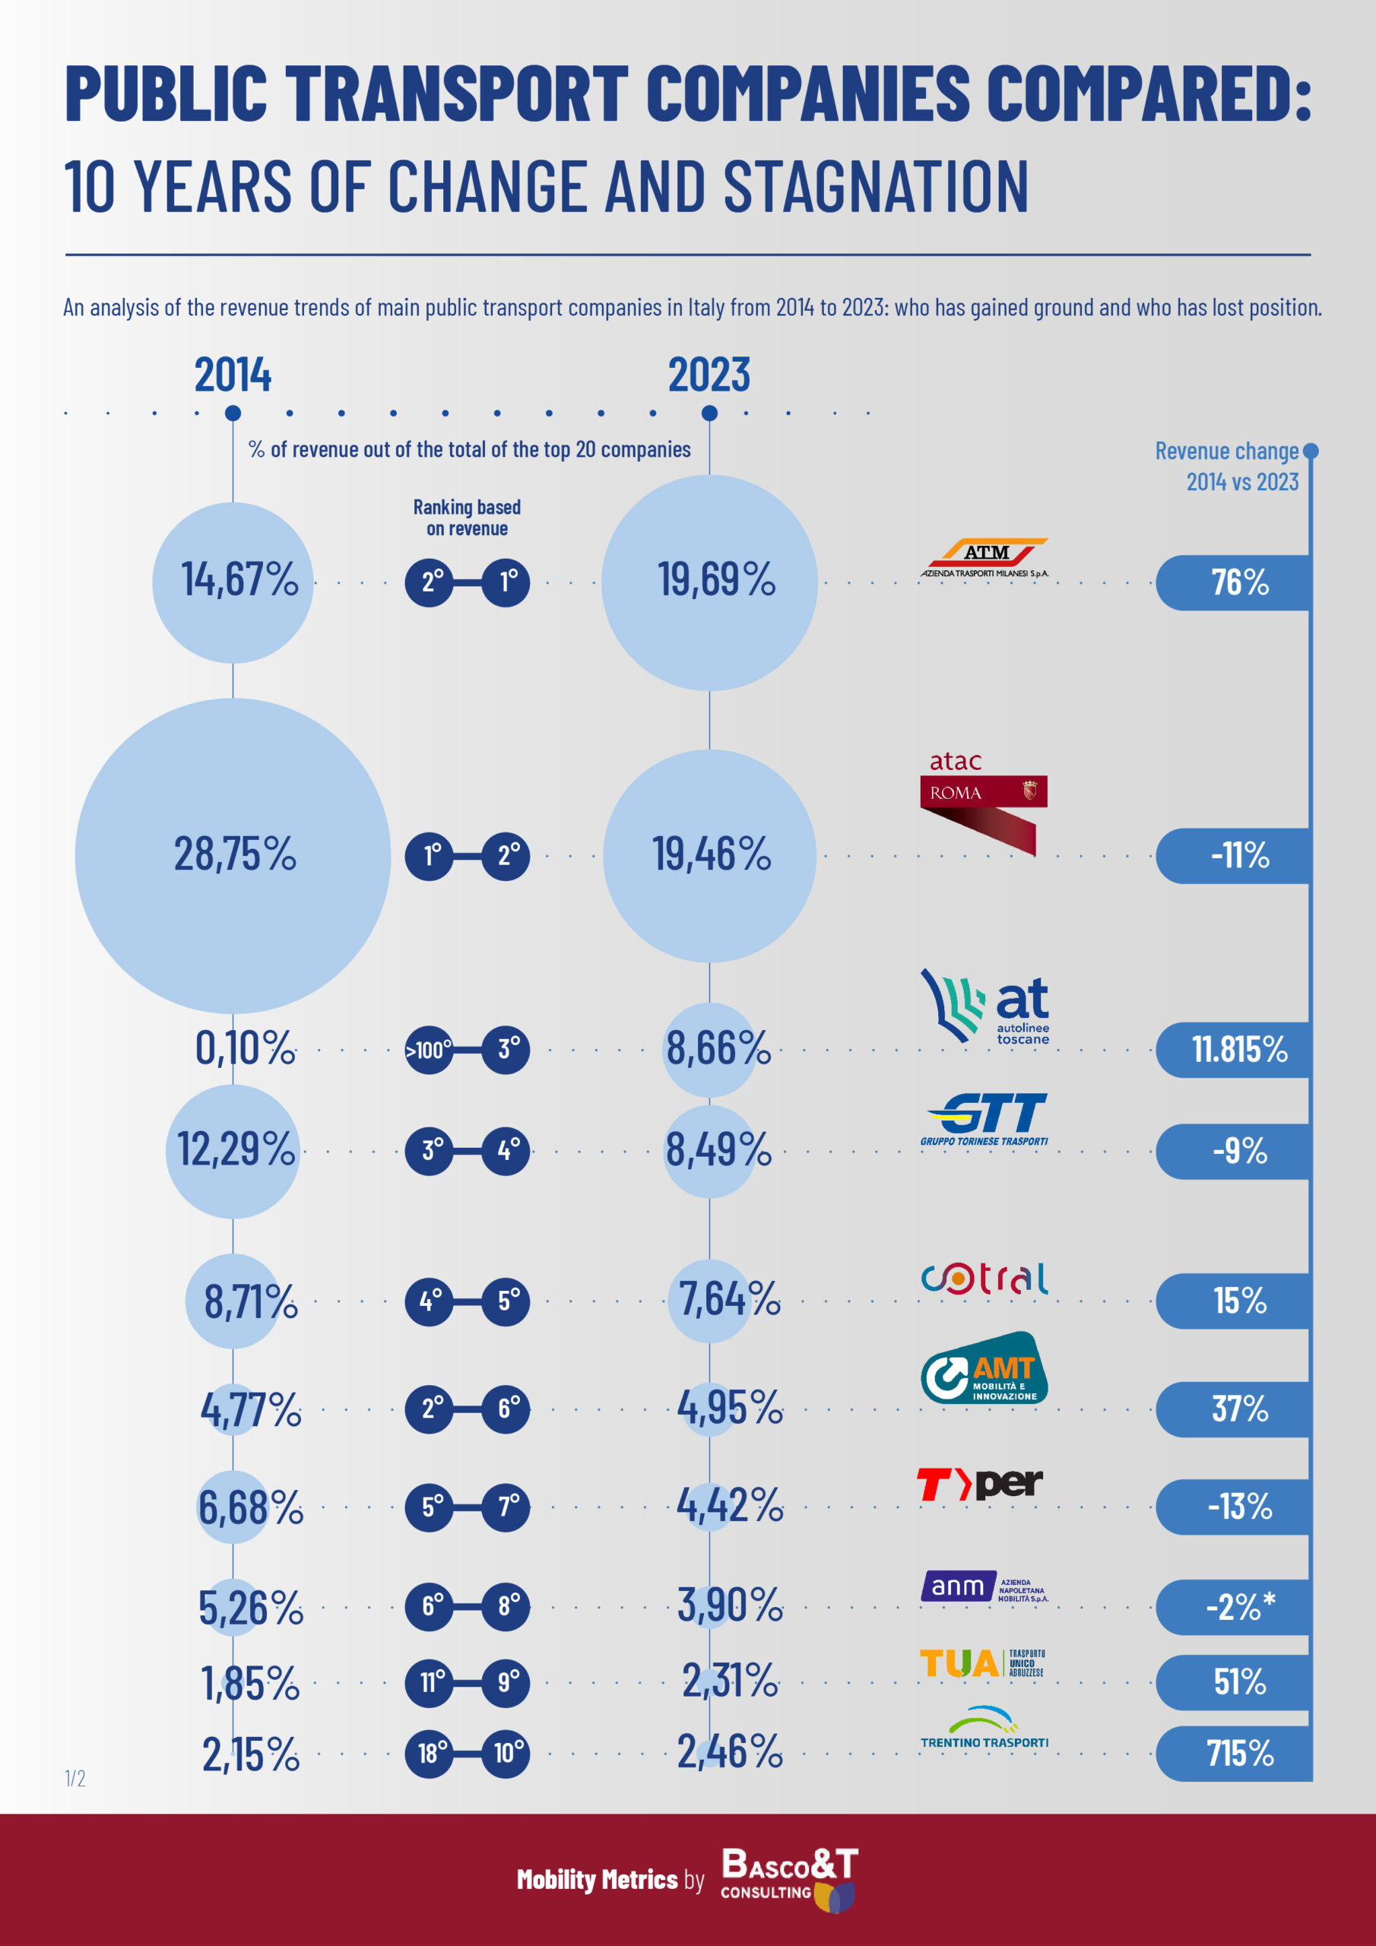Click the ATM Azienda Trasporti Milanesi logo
pos(984,559)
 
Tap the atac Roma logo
pos(984,802)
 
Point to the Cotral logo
pos(984,1279)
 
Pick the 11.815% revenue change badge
pos(1238,1049)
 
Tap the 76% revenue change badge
pos(1238,582)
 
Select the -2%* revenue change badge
pos(1238,1606)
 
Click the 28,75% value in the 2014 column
pos(235,854)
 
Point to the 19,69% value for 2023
pos(716,581)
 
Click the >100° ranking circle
pos(429,1050)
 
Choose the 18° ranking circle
pos(432,1753)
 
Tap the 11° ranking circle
pos(432,1681)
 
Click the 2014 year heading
pos(233,375)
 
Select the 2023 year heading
pos(709,375)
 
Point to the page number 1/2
pos(75,1778)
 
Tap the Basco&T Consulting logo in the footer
pos(788,1879)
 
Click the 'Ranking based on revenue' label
pos(467,518)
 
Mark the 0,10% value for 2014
pos(245,1048)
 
